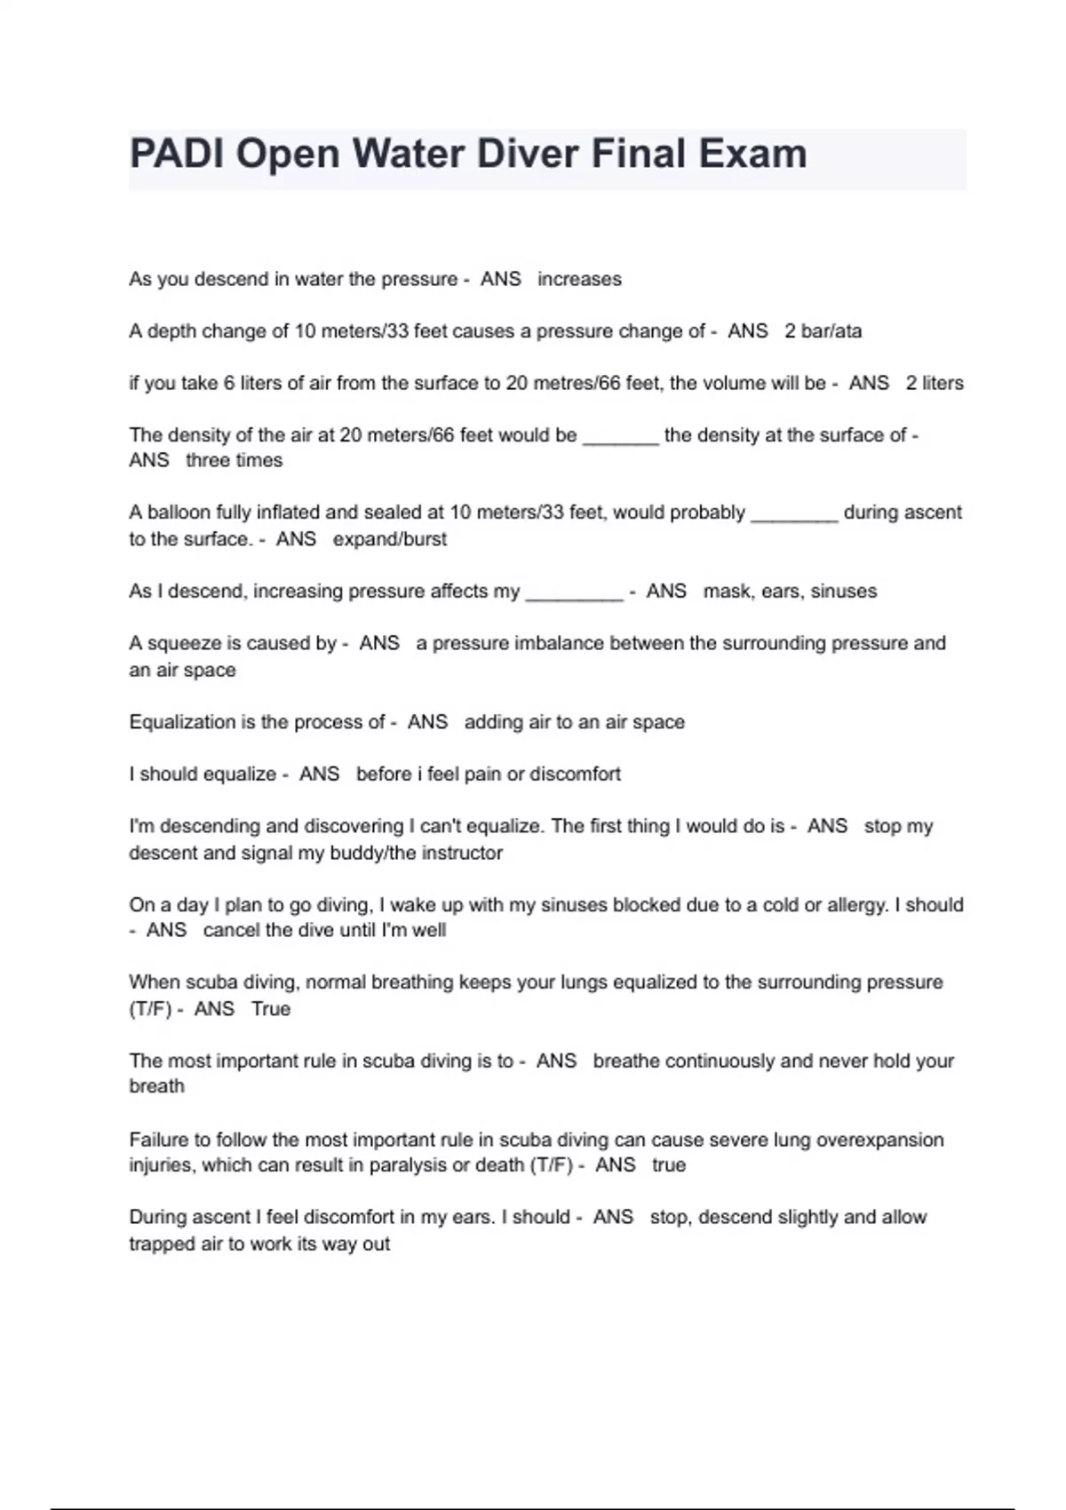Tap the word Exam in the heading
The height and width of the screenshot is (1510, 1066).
tap(752, 154)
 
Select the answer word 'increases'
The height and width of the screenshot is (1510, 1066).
tap(579, 279)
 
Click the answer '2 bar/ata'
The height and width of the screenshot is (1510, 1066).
tap(823, 331)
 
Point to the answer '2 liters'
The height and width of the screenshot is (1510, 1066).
tap(935, 383)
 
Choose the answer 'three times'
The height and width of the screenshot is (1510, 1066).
tap(234, 460)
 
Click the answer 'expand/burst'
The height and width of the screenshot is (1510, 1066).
tap(389, 539)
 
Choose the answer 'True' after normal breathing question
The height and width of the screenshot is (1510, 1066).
tap(271, 1009)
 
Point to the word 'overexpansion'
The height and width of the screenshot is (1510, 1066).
tap(880, 1140)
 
